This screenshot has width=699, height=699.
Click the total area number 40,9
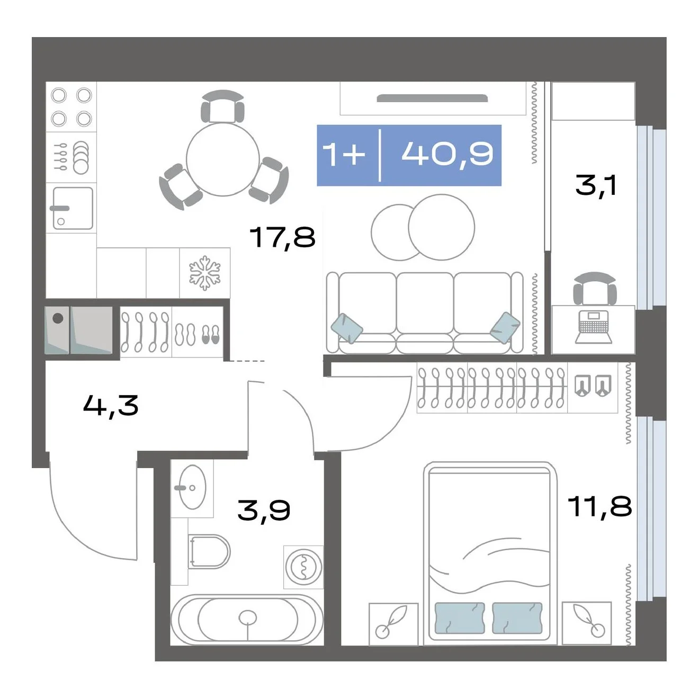tap(447, 154)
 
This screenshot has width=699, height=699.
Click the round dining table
tap(223, 158)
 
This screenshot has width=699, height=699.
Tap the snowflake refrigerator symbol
tap(205, 273)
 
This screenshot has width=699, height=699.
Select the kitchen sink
tap(73, 208)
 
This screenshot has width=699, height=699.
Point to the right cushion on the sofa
tap(505, 328)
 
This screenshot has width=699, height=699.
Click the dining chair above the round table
tap(222, 106)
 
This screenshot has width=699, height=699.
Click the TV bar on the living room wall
tap(432, 98)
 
